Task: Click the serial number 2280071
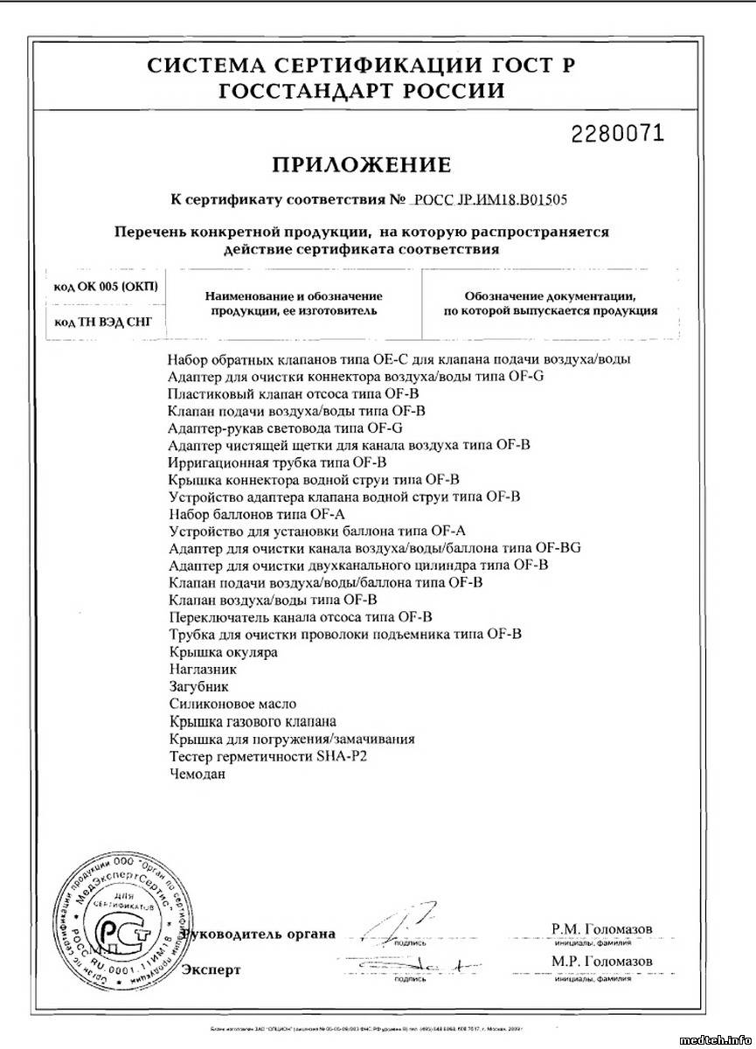click(x=617, y=133)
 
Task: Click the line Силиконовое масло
click(x=234, y=704)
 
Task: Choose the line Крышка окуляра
click(x=225, y=652)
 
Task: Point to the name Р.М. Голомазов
click(x=601, y=928)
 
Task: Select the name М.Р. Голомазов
click(x=601, y=962)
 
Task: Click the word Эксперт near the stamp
click(x=212, y=969)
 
